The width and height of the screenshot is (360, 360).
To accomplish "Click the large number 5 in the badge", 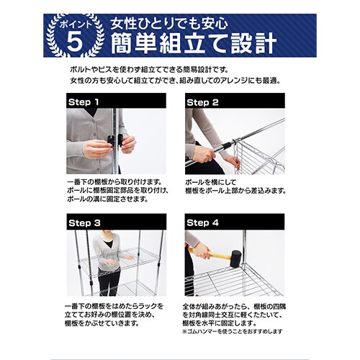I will [73, 42].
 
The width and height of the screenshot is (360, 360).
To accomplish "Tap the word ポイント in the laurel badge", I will [73, 24].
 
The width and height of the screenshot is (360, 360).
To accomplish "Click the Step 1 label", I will [84, 102].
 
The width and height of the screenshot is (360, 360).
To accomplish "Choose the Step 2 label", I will [204, 102].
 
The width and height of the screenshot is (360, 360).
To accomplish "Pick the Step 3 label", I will [84, 222].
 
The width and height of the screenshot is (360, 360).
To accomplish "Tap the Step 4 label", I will [204, 222].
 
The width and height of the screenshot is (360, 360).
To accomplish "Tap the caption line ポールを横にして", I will [212, 182].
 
